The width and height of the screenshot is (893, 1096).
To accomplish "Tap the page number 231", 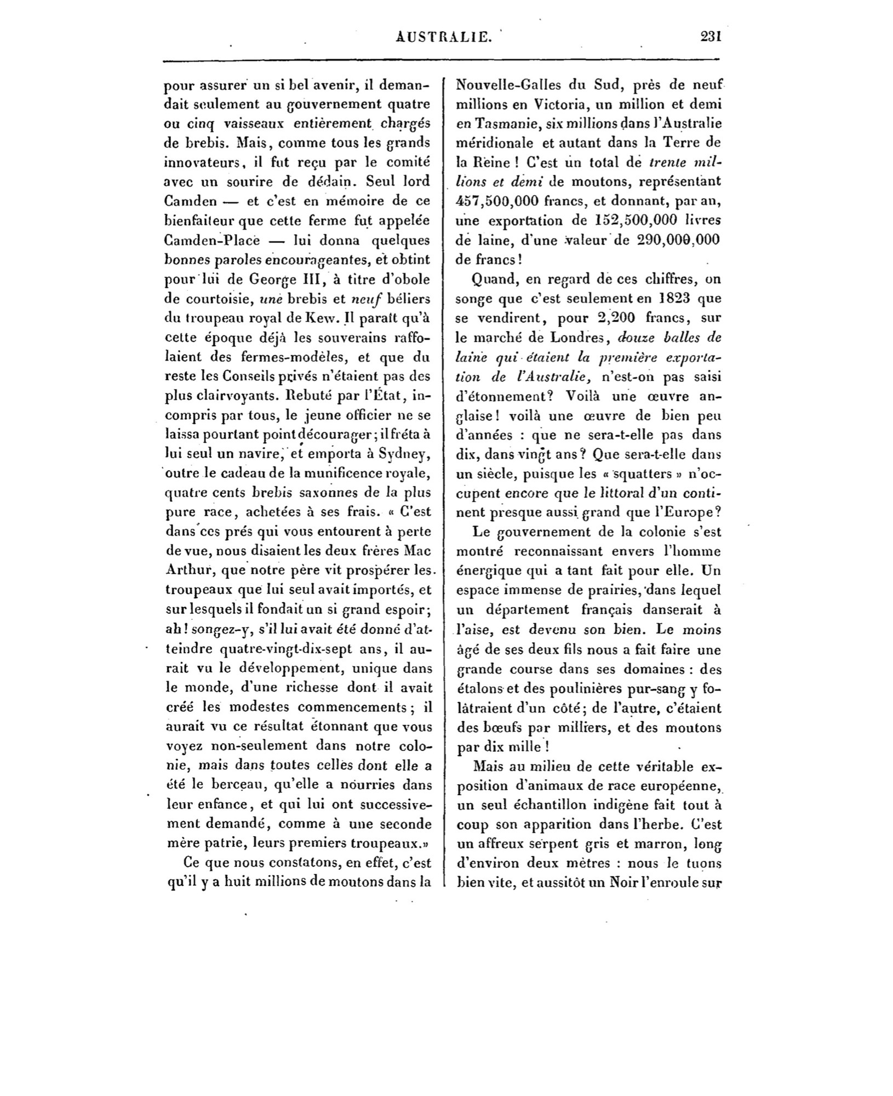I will click(711, 36).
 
